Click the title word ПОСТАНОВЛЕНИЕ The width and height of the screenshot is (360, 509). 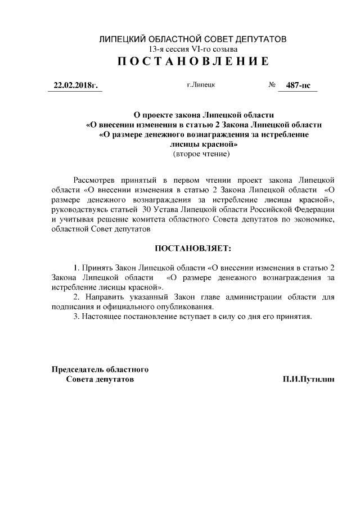[x=192, y=61]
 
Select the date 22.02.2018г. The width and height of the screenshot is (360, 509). [x=75, y=86]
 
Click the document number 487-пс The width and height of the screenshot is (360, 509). [x=298, y=86]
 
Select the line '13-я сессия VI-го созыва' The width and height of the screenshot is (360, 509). [x=192, y=49]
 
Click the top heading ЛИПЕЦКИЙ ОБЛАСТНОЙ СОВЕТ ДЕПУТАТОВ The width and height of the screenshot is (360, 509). [x=192, y=39]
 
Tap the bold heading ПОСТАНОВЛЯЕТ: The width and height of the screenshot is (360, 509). [x=193, y=247]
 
